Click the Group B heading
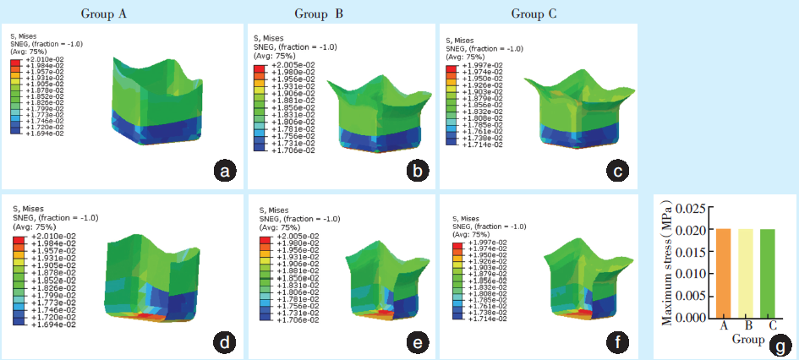pos(319,14)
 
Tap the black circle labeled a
pos(223,172)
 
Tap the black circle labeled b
pos(416,172)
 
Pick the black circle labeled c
pos(619,172)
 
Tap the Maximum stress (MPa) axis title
pos(667,264)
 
